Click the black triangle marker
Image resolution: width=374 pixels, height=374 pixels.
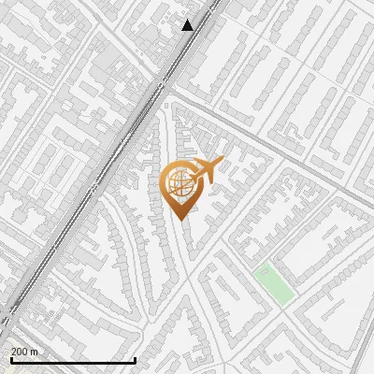click(x=188, y=25)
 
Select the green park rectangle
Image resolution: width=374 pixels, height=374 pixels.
click(x=274, y=284)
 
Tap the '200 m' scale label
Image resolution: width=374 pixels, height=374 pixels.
click(x=24, y=352)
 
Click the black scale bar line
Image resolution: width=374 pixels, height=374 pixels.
click(x=73, y=360)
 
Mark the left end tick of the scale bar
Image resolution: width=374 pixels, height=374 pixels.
click(x=10, y=359)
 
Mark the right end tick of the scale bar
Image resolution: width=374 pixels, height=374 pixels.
click(x=136, y=359)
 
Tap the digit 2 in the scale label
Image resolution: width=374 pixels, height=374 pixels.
click(x=14, y=352)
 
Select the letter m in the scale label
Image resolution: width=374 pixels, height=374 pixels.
click(x=35, y=352)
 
